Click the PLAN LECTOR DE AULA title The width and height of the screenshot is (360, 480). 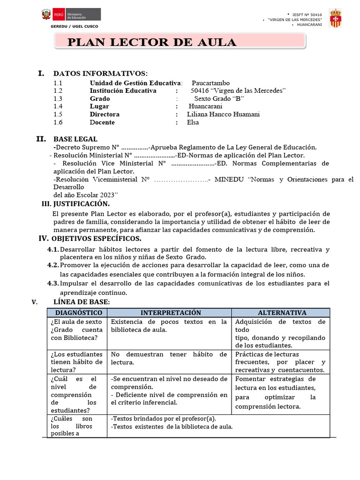[x=152, y=42]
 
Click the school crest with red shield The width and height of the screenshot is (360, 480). [x=335, y=18]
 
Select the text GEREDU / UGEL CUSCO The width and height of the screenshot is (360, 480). [x=75, y=26]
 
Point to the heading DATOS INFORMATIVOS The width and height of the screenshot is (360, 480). [x=100, y=74]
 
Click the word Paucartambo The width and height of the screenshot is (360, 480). [x=210, y=83]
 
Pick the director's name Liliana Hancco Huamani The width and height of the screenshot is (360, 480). [x=223, y=114]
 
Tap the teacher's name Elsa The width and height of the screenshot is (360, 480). [x=193, y=122]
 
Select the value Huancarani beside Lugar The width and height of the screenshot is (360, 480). [x=205, y=106]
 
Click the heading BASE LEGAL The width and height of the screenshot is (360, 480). [x=75, y=139]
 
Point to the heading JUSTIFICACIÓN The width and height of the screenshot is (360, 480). [x=81, y=204]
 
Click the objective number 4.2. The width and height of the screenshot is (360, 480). [x=53, y=265]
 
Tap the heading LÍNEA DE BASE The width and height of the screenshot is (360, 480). [x=82, y=302]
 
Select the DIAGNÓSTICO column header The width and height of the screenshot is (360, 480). [x=78, y=313]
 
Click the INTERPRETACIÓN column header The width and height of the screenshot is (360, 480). [x=171, y=313]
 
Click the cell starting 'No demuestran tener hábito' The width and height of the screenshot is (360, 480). [x=169, y=358]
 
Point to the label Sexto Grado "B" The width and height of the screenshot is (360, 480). [x=219, y=99]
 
